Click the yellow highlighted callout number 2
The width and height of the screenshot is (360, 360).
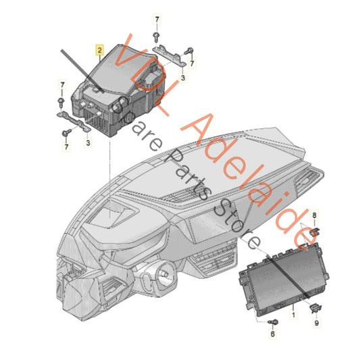tap(99, 50)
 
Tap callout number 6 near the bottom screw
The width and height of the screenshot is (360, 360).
tap(273, 334)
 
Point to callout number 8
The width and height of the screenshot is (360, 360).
tap(313, 215)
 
